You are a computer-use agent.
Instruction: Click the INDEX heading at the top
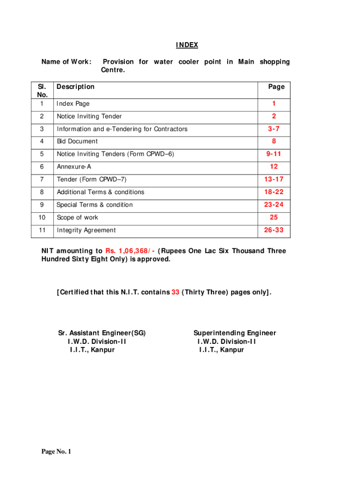click(187, 45)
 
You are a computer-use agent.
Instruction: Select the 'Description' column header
click(75, 87)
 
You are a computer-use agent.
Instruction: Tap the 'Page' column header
click(276, 87)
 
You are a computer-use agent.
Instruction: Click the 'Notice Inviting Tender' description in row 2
click(89, 116)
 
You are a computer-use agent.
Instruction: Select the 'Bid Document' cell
click(77, 141)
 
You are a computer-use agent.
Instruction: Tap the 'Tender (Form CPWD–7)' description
click(92, 179)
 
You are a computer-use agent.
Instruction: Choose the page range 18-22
click(274, 192)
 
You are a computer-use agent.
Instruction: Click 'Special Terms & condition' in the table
click(94, 205)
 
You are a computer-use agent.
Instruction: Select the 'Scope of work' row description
click(77, 218)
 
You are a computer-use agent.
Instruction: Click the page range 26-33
click(274, 230)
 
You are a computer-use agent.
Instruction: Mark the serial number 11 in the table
click(42, 230)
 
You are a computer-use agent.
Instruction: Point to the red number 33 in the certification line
click(175, 292)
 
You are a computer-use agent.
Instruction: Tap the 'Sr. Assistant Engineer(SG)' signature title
click(102, 333)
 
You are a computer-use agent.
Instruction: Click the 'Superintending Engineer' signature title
click(235, 333)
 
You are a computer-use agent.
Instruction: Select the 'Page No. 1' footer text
click(56, 451)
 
